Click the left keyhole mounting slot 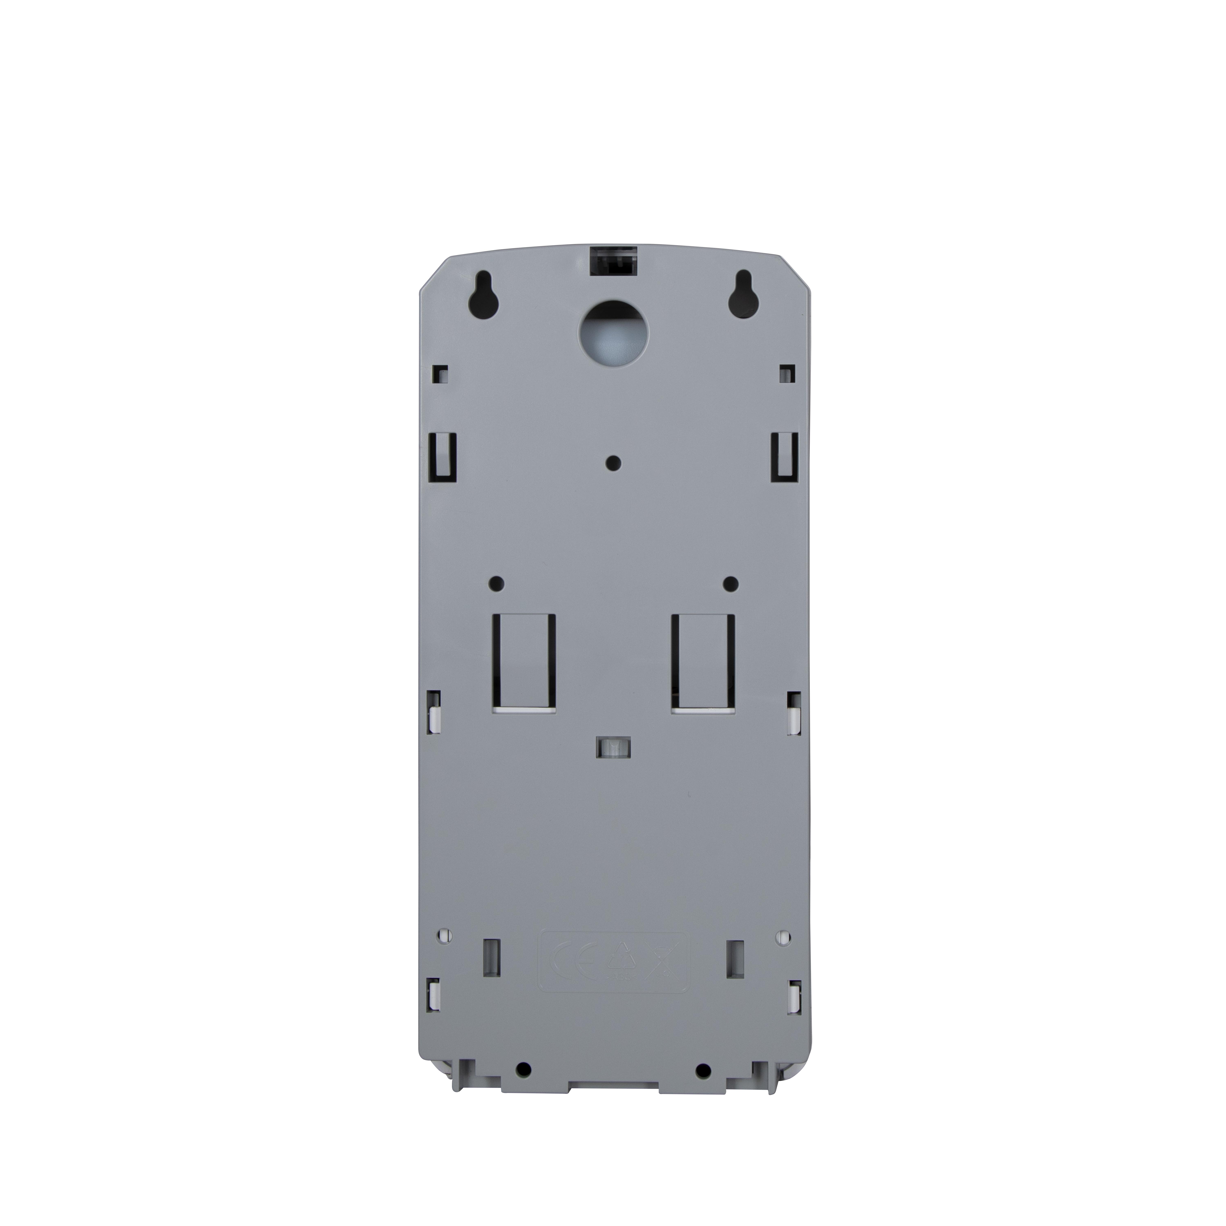tap(482, 298)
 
